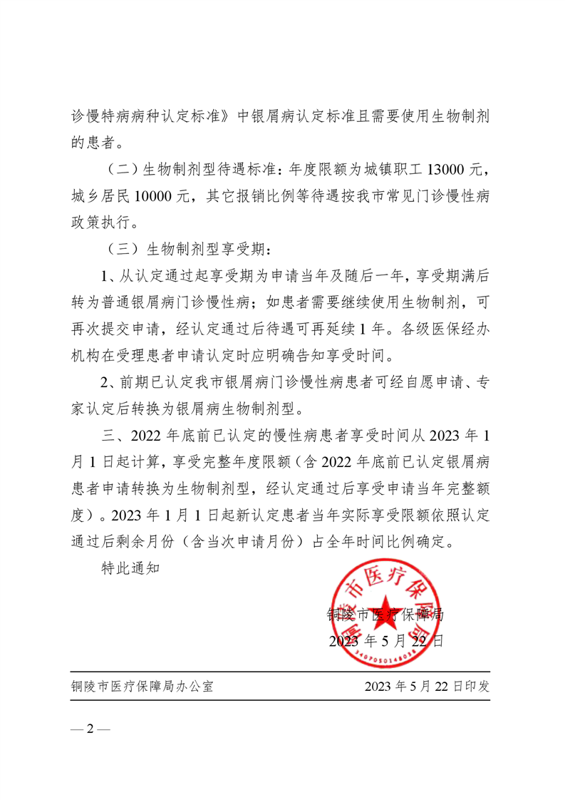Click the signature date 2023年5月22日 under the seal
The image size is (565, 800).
coord(387,640)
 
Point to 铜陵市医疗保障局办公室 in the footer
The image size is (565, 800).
coord(142,687)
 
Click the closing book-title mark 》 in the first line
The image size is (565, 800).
coord(227,116)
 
